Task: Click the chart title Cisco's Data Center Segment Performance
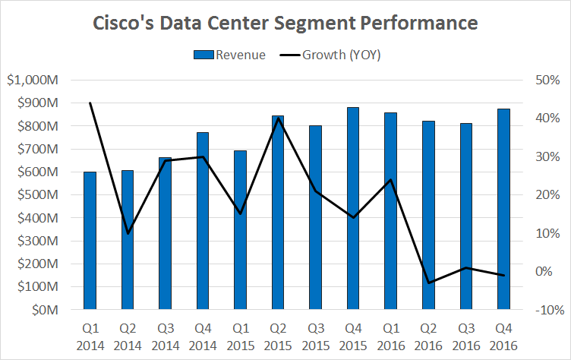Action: pyautogui.click(x=285, y=24)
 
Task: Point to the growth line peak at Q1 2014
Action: pyautogui.click(x=90, y=103)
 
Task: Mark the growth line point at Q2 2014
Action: pyautogui.click(x=128, y=233)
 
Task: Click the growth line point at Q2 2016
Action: pyautogui.click(x=429, y=283)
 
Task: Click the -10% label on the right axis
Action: pyautogui.click(x=548, y=311)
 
